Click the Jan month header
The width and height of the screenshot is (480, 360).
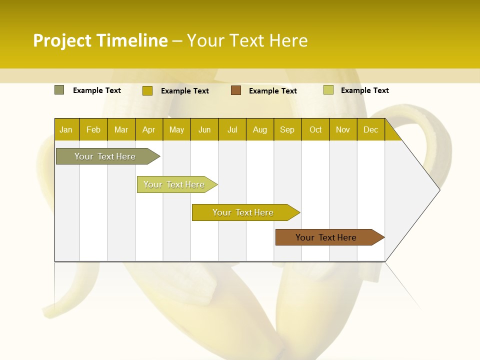pos(66,129)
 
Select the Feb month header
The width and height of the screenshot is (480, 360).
pos(93,129)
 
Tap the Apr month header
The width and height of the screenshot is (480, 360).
pos(149,129)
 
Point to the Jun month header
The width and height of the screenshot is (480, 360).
pos(204,129)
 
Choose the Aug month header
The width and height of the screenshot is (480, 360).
pos(260,129)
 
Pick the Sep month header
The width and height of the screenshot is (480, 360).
pos(287,129)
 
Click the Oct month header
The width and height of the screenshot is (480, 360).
pos(315,129)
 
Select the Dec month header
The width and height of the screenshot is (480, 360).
pos(371,129)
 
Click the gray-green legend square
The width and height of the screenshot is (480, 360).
pos(59,90)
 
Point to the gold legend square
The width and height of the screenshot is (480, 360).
pos(147,90)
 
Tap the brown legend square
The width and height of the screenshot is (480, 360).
pos(236,90)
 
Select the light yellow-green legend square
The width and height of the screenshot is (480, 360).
pos(328,90)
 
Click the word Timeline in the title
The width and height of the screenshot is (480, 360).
pos(132,40)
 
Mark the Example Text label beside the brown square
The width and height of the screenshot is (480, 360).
pos(273,91)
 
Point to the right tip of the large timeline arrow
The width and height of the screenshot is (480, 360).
pos(439,189)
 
